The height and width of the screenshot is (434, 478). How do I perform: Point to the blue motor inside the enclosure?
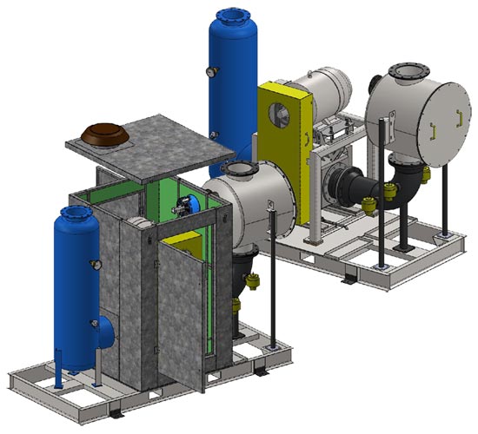click(x=188, y=205)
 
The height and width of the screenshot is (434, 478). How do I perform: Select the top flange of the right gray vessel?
click(x=406, y=71)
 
